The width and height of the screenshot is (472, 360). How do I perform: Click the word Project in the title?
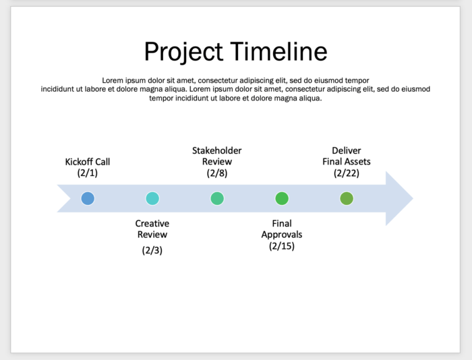[183, 52]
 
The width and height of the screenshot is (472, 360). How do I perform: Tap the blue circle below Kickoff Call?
[88, 198]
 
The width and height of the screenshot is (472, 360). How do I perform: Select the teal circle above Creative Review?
[152, 198]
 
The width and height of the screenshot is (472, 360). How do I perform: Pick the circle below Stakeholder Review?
[217, 198]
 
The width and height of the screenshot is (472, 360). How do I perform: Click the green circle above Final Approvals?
[282, 198]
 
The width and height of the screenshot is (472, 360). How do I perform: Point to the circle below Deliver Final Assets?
[347, 198]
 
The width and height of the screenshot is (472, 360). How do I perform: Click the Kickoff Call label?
[88, 162]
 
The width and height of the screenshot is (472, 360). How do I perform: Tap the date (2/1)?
[88, 173]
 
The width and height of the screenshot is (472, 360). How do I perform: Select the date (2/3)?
[152, 250]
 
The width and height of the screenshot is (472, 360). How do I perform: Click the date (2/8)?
[217, 173]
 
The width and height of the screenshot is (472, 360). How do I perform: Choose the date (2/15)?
[282, 246]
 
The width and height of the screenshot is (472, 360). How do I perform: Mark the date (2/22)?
[347, 173]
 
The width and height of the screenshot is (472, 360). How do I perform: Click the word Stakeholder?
[217, 150]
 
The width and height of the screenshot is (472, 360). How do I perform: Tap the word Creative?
[152, 223]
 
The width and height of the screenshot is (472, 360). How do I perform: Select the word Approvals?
[282, 235]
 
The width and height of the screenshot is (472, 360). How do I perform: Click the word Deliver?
[347, 150]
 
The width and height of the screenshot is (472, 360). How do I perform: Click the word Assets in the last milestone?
[358, 162]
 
